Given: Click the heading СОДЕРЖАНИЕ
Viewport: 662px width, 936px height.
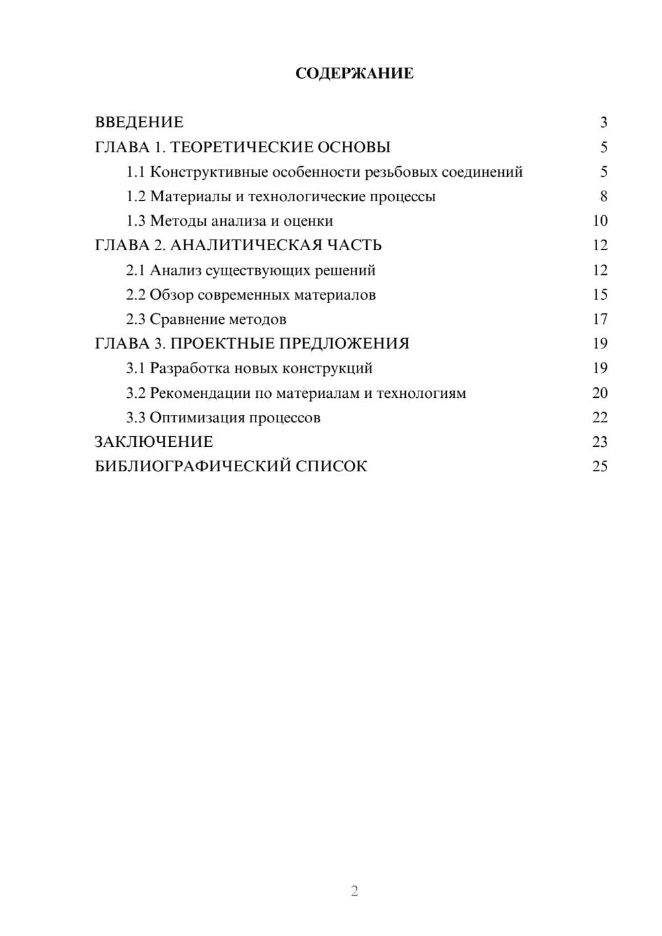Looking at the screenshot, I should point(354,73).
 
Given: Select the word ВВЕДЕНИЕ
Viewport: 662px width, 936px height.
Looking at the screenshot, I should point(139,122).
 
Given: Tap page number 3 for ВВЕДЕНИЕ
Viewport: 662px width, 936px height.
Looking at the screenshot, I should point(603,122).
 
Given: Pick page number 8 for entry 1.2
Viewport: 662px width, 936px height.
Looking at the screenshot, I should point(603,197).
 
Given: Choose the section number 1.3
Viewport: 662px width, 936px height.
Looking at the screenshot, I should point(136,221).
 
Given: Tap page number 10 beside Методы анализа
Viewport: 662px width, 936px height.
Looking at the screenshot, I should point(600,221).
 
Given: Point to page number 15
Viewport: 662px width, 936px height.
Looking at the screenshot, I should point(600,295).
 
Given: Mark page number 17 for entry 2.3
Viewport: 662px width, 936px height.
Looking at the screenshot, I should point(600,320).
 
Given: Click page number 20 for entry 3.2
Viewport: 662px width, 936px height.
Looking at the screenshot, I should point(600,393).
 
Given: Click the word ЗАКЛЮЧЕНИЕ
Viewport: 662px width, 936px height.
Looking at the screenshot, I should point(154,442).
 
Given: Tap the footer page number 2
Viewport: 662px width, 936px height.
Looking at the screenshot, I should point(354,891).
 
